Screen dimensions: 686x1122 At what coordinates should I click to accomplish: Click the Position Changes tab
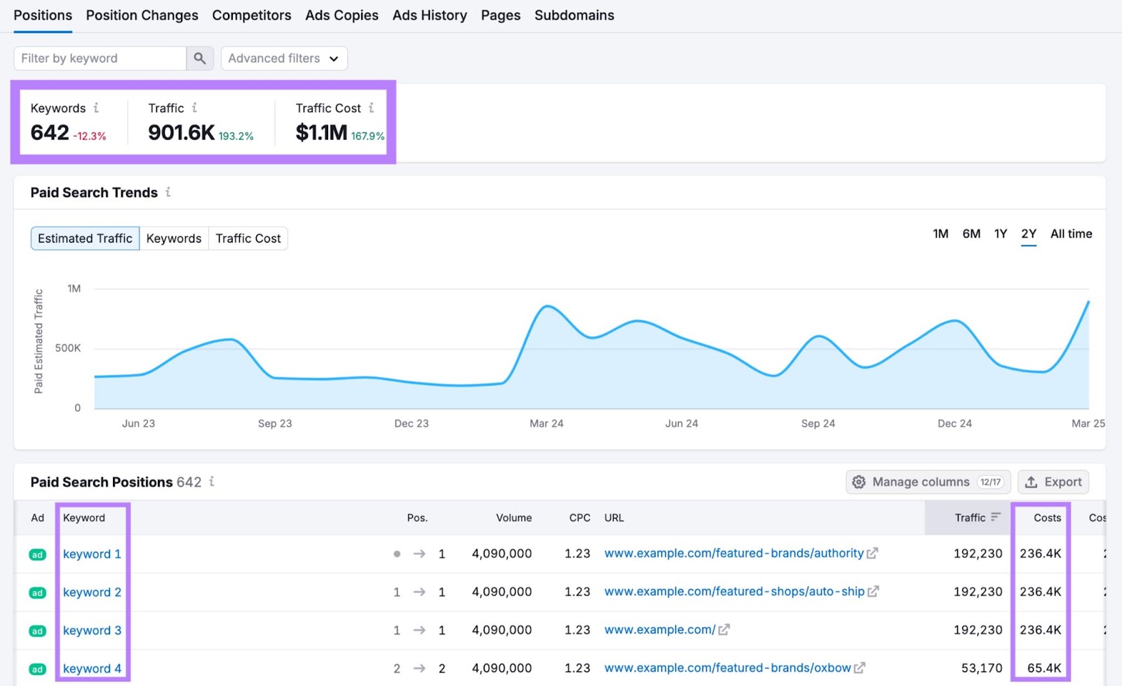142,15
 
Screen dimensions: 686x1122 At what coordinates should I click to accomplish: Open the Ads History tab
429,15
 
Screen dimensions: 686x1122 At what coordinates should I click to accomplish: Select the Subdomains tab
574,15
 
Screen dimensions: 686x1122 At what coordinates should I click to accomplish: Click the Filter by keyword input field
100,58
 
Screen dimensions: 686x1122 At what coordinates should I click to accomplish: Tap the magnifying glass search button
200,58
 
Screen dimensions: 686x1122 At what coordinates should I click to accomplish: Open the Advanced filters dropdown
284,58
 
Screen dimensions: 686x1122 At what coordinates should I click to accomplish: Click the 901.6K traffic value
181,132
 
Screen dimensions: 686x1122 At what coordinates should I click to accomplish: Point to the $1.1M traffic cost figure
321,132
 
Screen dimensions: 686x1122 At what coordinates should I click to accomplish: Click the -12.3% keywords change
90,136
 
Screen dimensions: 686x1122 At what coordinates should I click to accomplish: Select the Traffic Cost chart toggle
248,238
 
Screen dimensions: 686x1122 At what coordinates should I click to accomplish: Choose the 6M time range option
971,234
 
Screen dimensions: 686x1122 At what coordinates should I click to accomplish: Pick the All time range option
1071,234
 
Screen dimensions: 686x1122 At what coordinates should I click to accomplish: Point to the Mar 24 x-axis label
546,423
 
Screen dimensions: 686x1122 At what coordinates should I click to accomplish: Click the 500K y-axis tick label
68,348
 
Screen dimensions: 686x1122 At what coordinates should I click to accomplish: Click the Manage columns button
928,482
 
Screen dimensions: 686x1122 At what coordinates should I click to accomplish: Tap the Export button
1053,482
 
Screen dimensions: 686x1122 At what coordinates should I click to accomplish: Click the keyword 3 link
92,631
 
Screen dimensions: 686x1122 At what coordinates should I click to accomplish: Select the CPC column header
579,518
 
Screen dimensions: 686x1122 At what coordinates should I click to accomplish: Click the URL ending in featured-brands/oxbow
727,668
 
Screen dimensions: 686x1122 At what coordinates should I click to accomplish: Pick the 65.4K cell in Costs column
1043,668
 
